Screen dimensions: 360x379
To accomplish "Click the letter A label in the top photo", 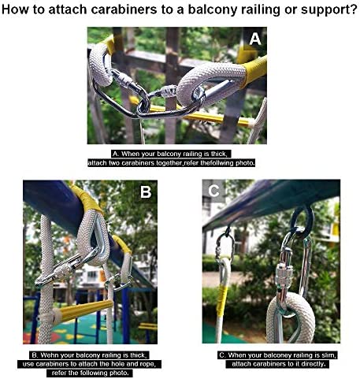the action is click(x=255, y=39).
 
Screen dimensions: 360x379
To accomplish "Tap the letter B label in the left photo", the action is click(x=146, y=192).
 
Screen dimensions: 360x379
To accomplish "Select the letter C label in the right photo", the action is click(x=213, y=191).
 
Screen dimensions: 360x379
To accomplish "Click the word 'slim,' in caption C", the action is click(x=329, y=355).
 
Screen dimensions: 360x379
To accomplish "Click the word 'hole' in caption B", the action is click(x=117, y=364).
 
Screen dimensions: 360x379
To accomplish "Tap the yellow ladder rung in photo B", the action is click(x=84, y=310).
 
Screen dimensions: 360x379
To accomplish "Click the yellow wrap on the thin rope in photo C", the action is click(x=222, y=301).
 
